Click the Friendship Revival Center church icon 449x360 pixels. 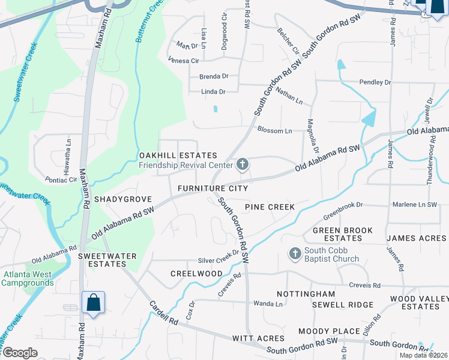point(243,164)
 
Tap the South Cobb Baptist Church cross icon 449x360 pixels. point(295,254)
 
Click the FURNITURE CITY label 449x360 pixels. point(212,188)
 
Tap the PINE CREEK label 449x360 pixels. point(270,207)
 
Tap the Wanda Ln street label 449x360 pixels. point(268,304)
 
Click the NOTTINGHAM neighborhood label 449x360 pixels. point(306,294)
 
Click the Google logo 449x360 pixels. point(20,353)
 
